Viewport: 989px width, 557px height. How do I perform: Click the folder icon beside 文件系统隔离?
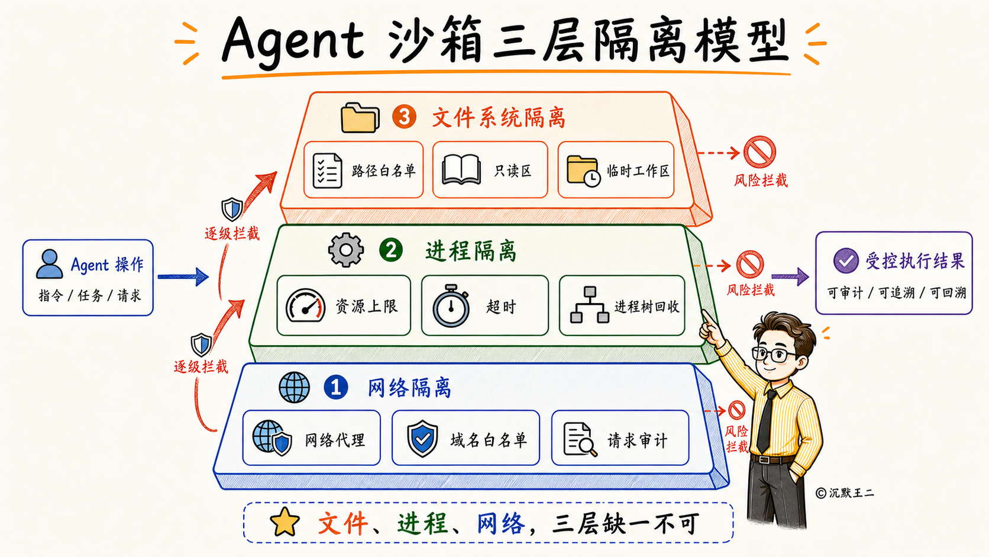pyautogui.click(x=360, y=117)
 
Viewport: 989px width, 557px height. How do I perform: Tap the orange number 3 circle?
pyautogui.click(x=404, y=117)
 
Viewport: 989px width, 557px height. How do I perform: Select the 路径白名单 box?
pyautogui.click(x=363, y=170)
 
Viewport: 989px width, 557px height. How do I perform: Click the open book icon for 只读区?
pyautogui.click(x=461, y=169)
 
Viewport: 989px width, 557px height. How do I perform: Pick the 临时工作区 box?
pyautogui.click(x=616, y=170)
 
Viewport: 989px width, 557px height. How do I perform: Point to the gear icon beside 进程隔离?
pyautogui.click(x=346, y=250)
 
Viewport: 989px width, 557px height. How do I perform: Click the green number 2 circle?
pyautogui.click(x=391, y=250)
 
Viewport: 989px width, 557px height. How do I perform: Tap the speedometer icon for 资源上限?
pyautogui.click(x=306, y=305)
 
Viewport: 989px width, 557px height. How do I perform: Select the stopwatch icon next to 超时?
pyautogui.click(x=451, y=305)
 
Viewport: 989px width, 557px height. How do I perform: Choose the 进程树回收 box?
pyautogui.click(x=622, y=305)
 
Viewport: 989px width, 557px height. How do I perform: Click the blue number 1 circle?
pyautogui.click(x=335, y=387)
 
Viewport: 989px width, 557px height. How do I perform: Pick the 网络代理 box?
pyautogui.click(x=311, y=438)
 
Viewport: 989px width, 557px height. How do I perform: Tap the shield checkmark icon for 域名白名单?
pyautogui.click(x=422, y=438)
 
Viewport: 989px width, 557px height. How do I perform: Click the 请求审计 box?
pyautogui.click(x=620, y=438)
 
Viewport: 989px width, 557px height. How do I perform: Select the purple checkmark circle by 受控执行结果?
pyautogui.click(x=846, y=260)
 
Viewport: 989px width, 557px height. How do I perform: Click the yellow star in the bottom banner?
pyautogui.click(x=285, y=522)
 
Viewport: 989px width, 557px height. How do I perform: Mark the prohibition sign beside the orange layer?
pyautogui.click(x=759, y=152)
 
